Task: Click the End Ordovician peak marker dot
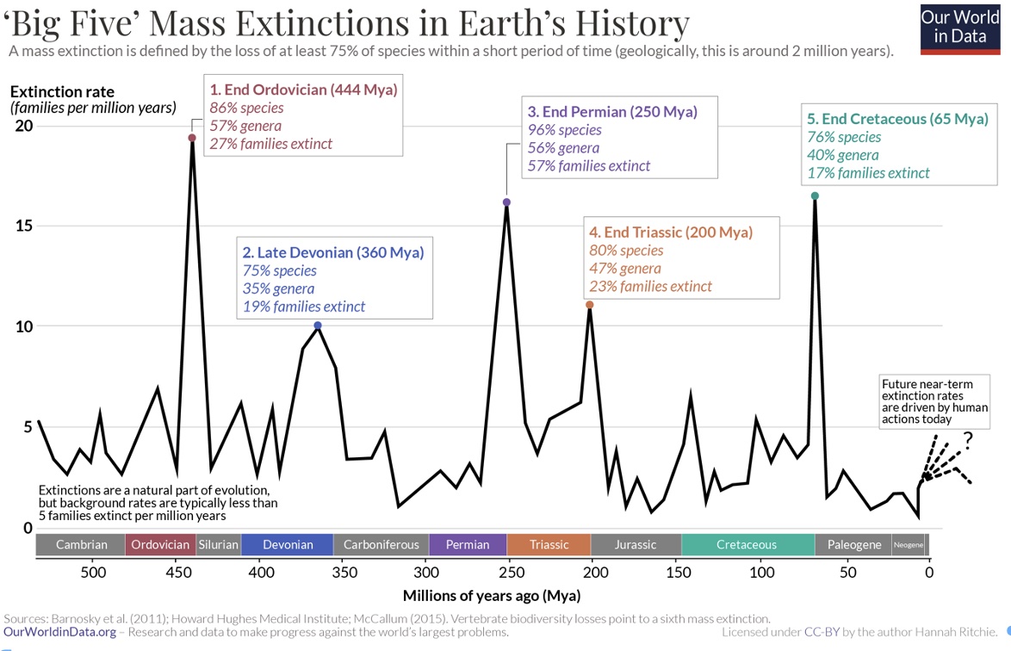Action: point(192,138)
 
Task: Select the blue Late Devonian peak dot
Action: point(318,325)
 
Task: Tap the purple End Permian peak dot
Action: point(506,202)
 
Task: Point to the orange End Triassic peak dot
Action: point(589,305)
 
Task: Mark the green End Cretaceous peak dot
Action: point(815,195)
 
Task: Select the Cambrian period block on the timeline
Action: point(81,544)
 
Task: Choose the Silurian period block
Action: point(218,544)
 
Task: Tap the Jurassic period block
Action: point(636,544)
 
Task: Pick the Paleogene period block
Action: point(853,544)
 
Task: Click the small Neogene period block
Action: point(910,544)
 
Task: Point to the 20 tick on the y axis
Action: point(23,126)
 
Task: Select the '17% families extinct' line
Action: point(868,173)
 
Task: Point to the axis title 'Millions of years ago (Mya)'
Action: point(491,596)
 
